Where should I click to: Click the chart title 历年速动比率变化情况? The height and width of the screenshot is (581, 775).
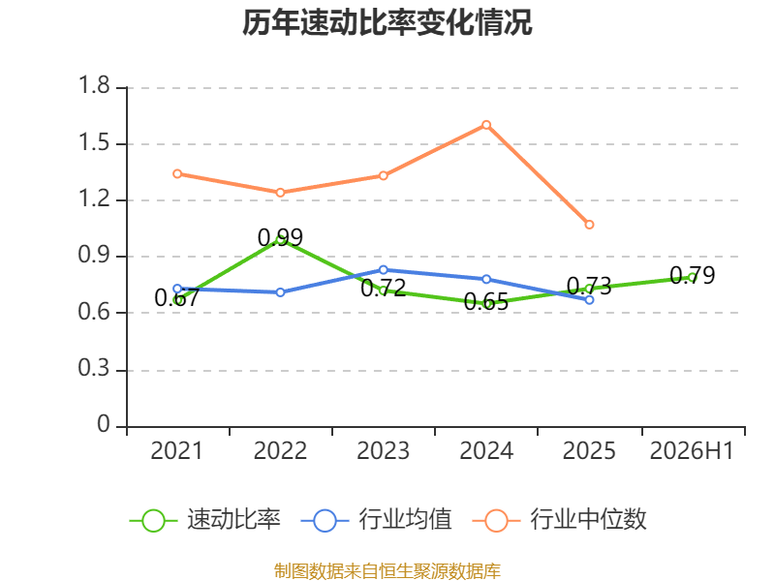pyautogui.click(x=387, y=22)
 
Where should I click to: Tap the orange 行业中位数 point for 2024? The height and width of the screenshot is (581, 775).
pyautogui.click(x=486, y=125)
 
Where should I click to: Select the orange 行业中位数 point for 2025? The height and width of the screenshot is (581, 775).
pyautogui.click(x=589, y=225)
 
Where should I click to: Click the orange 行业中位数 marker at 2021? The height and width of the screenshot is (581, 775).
pyautogui.click(x=177, y=174)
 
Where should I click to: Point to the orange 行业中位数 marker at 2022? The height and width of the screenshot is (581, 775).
pyautogui.click(x=280, y=193)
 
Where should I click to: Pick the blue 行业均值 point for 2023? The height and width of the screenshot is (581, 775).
pyautogui.click(x=384, y=270)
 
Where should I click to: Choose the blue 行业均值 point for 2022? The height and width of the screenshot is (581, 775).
pyautogui.click(x=280, y=292)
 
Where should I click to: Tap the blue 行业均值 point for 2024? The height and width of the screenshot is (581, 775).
pyautogui.click(x=486, y=280)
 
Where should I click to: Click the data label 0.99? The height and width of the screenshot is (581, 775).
pyautogui.click(x=280, y=237)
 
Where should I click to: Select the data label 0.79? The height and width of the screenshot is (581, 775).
pyautogui.click(x=693, y=275)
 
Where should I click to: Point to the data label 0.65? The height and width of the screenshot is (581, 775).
pyautogui.click(x=486, y=302)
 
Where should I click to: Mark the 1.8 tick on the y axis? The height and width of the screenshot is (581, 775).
pyautogui.click(x=94, y=85)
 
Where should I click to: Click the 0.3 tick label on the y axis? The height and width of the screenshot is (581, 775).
pyautogui.click(x=94, y=368)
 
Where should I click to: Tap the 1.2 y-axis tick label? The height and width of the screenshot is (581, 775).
pyautogui.click(x=94, y=199)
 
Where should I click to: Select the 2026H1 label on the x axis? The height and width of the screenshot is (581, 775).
pyautogui.click(x=692, y=450)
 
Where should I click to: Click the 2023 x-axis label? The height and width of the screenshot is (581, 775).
pyautogui.click(x=384, y=450)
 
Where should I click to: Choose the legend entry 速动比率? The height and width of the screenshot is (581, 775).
pyautogui.click(x=205, y=520)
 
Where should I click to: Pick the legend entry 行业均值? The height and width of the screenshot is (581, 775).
pyautogui.click(x=377, y=520)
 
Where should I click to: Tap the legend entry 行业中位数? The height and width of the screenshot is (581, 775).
pyautogui.click(x=560, y=520)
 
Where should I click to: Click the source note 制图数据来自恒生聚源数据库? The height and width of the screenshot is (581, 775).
pyautogui.click(x=387, y=570)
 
